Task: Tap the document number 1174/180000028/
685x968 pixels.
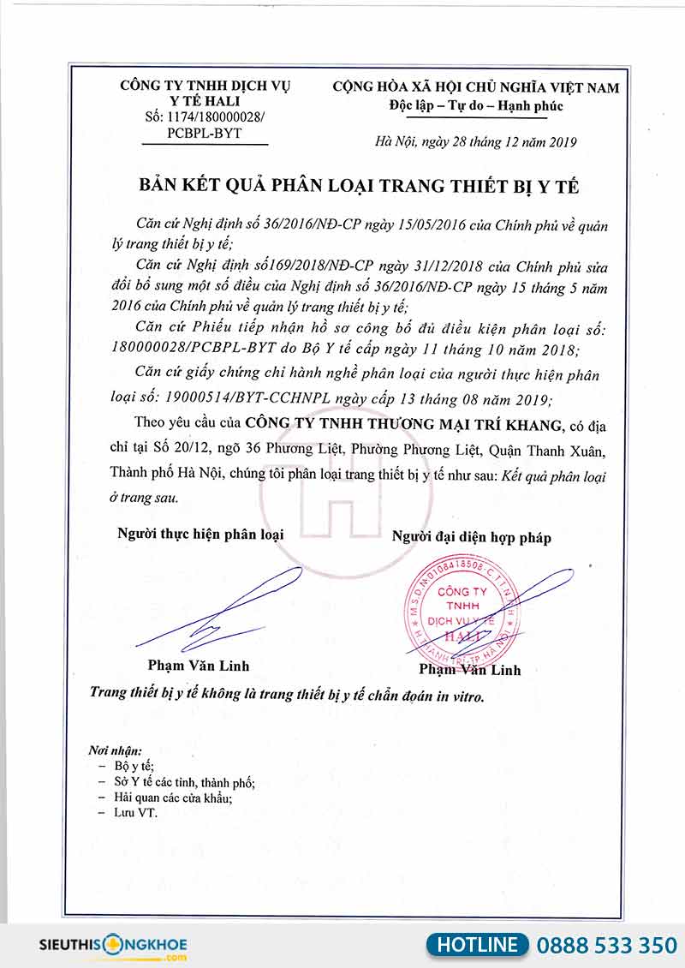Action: pyautogui.click(x=205, y=117)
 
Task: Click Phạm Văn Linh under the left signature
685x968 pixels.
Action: pyautogui.click(x=198, y=665)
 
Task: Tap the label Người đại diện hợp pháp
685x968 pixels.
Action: pyautogui.click(x=471, y=537)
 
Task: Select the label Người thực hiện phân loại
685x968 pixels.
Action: pyautogui.click(x=200, y=534)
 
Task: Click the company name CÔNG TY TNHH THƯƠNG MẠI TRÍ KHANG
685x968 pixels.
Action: pyautogui.click(x=402, y=424)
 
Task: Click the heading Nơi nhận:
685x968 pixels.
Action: pyautogui.click(x=115, y=750)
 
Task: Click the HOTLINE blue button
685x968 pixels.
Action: pyautogui.click(x=478, y=944)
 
